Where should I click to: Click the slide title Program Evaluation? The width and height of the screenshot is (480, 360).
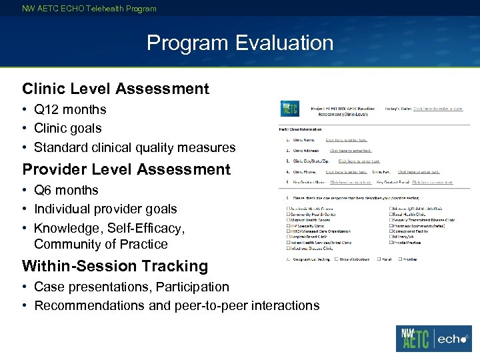tap(240, 43)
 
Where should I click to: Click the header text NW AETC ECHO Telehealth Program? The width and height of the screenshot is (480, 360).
tap(89, 9)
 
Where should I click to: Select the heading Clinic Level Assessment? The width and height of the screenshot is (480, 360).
tap(115, 89)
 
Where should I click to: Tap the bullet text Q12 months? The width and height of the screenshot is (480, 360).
tap(70, 109)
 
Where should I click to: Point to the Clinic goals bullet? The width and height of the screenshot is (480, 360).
tap(67, 128)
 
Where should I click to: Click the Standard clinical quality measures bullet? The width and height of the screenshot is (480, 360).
tap(135, 147)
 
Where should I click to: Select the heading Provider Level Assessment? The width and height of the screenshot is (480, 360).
tap(126, 169)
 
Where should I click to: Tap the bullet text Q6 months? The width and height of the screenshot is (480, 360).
tap(66, 190)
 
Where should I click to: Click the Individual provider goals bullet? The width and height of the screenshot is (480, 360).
tap(105, 209)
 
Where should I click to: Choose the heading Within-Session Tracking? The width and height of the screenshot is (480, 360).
tap(115, 266)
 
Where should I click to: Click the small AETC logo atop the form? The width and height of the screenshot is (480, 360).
tap(289, 108)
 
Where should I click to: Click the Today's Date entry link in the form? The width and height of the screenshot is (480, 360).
tap(438, 108)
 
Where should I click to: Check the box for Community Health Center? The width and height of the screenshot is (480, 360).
tap(288, 215)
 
